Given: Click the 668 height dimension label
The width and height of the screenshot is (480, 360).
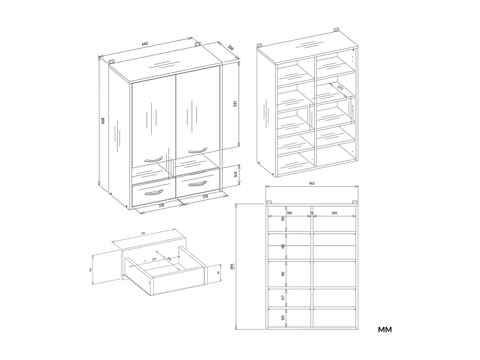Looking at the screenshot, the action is [103, 121].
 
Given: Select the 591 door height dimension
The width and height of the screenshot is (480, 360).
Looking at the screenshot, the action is [235, 104].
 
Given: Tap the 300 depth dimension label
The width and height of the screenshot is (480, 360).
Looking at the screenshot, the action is [231, 48].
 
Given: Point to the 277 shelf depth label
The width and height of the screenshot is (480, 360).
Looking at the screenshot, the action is [340, 88].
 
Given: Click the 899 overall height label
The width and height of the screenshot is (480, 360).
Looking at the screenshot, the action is [232, 267].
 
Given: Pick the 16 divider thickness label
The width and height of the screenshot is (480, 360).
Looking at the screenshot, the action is [312, 213].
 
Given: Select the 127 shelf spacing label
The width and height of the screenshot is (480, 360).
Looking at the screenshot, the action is [283, 297].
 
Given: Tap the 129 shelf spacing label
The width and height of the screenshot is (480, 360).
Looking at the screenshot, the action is [283, 317].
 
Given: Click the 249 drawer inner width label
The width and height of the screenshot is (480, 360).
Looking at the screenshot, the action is [154, 259].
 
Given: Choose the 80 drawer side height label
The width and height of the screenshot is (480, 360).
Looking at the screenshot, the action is [219, 272].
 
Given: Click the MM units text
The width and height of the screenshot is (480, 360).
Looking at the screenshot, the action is [385, 330].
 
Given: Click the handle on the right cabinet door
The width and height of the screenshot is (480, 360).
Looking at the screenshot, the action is [198, 150].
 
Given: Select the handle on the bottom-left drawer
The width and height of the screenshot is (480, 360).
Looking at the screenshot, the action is [154, 192].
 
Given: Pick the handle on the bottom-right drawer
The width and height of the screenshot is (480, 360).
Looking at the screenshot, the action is [197, 183].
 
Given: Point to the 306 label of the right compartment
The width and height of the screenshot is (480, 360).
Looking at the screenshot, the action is [334, 213].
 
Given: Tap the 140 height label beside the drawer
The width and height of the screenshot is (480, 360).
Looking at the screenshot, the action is [90, 270].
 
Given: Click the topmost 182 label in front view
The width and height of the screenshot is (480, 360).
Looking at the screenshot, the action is [283, 219].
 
